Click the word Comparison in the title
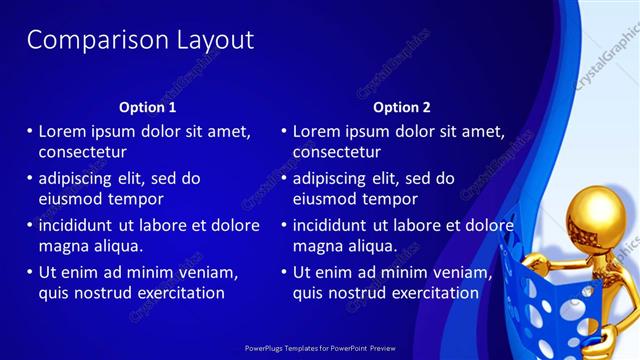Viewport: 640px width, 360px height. (84, 40)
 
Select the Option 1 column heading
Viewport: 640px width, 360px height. (147, 107)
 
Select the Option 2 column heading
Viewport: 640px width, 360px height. (401, 107)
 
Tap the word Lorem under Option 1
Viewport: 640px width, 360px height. (63, 131)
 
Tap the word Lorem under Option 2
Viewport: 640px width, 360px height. (317, 131)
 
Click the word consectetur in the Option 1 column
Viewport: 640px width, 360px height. (82, 152)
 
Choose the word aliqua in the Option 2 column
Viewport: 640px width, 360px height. (370, 246)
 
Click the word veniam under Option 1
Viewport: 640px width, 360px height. (206, 272)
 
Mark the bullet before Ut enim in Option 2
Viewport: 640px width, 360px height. (284, 272)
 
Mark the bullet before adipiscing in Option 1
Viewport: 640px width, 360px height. (30, 178)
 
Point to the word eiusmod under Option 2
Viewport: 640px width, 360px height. (323, 199)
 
